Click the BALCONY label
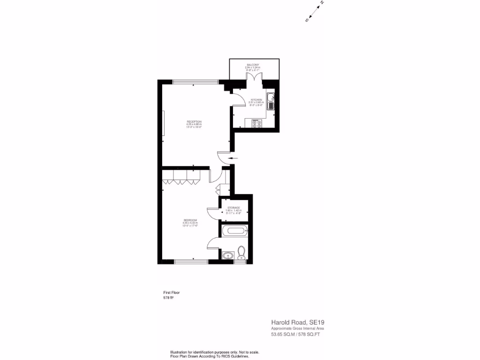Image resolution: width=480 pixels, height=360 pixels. [253, 64]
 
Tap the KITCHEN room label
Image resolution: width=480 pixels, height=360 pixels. [256, 100]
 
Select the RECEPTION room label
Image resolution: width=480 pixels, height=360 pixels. [194, 122]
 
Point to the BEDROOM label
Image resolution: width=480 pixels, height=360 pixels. [190, 220]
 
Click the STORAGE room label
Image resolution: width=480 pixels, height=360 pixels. [233, 208]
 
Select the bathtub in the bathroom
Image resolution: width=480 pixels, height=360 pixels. [234, 230]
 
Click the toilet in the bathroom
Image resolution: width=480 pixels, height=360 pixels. [242, 253]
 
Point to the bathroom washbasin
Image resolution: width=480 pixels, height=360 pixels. [228, 255]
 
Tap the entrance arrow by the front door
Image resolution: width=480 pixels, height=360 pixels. [233, 158]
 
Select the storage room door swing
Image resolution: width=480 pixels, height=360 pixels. [213, 213]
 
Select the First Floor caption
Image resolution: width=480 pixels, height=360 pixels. [171, 292]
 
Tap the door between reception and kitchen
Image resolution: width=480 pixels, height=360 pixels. [238, 99]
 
